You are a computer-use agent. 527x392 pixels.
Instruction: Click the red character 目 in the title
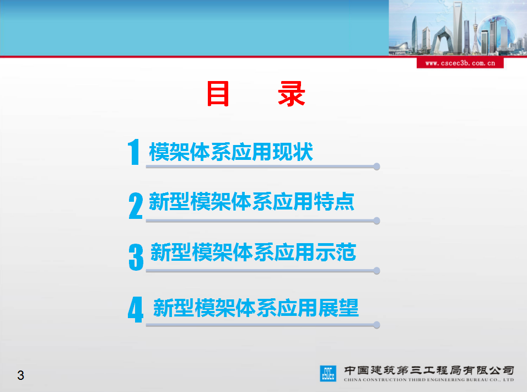click(x=218, y=94)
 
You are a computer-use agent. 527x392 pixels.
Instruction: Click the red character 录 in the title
click(x=292, y=94)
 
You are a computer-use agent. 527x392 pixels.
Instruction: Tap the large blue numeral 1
click(x=134, y=152)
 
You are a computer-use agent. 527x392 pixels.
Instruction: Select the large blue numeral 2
click(x=136, y=206)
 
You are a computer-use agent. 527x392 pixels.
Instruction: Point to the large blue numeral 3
click(x=136, y=257)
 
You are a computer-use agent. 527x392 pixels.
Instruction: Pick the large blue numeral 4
click(x=136, y=310)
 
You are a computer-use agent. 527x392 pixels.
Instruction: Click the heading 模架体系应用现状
click(x=231, y=152)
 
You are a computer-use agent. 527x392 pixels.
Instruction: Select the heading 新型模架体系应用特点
click(x=252, y=201)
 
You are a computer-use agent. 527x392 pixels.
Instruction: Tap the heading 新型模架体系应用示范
click(x=254, y=252)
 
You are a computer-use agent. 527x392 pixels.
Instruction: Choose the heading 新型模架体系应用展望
click(x=256, y=308)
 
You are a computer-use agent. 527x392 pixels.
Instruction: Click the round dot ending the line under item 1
click(x=377, y=167)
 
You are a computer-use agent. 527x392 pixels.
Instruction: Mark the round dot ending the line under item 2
click(x=377, y=221)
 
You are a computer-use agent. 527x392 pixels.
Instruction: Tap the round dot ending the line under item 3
click(x=377, y=271)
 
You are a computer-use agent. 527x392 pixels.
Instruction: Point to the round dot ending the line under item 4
click(x=377, y=325)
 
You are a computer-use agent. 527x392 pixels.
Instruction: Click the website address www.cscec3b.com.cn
click(x=460, y=63)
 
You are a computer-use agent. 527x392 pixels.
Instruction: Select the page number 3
click(x=21, y=375)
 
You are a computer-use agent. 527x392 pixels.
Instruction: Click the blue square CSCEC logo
click(x=327, y=373)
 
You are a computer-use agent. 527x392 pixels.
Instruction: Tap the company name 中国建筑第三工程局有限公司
click(x=429, y=370)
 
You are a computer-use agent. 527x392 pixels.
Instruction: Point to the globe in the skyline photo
click(x=496, y=31)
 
